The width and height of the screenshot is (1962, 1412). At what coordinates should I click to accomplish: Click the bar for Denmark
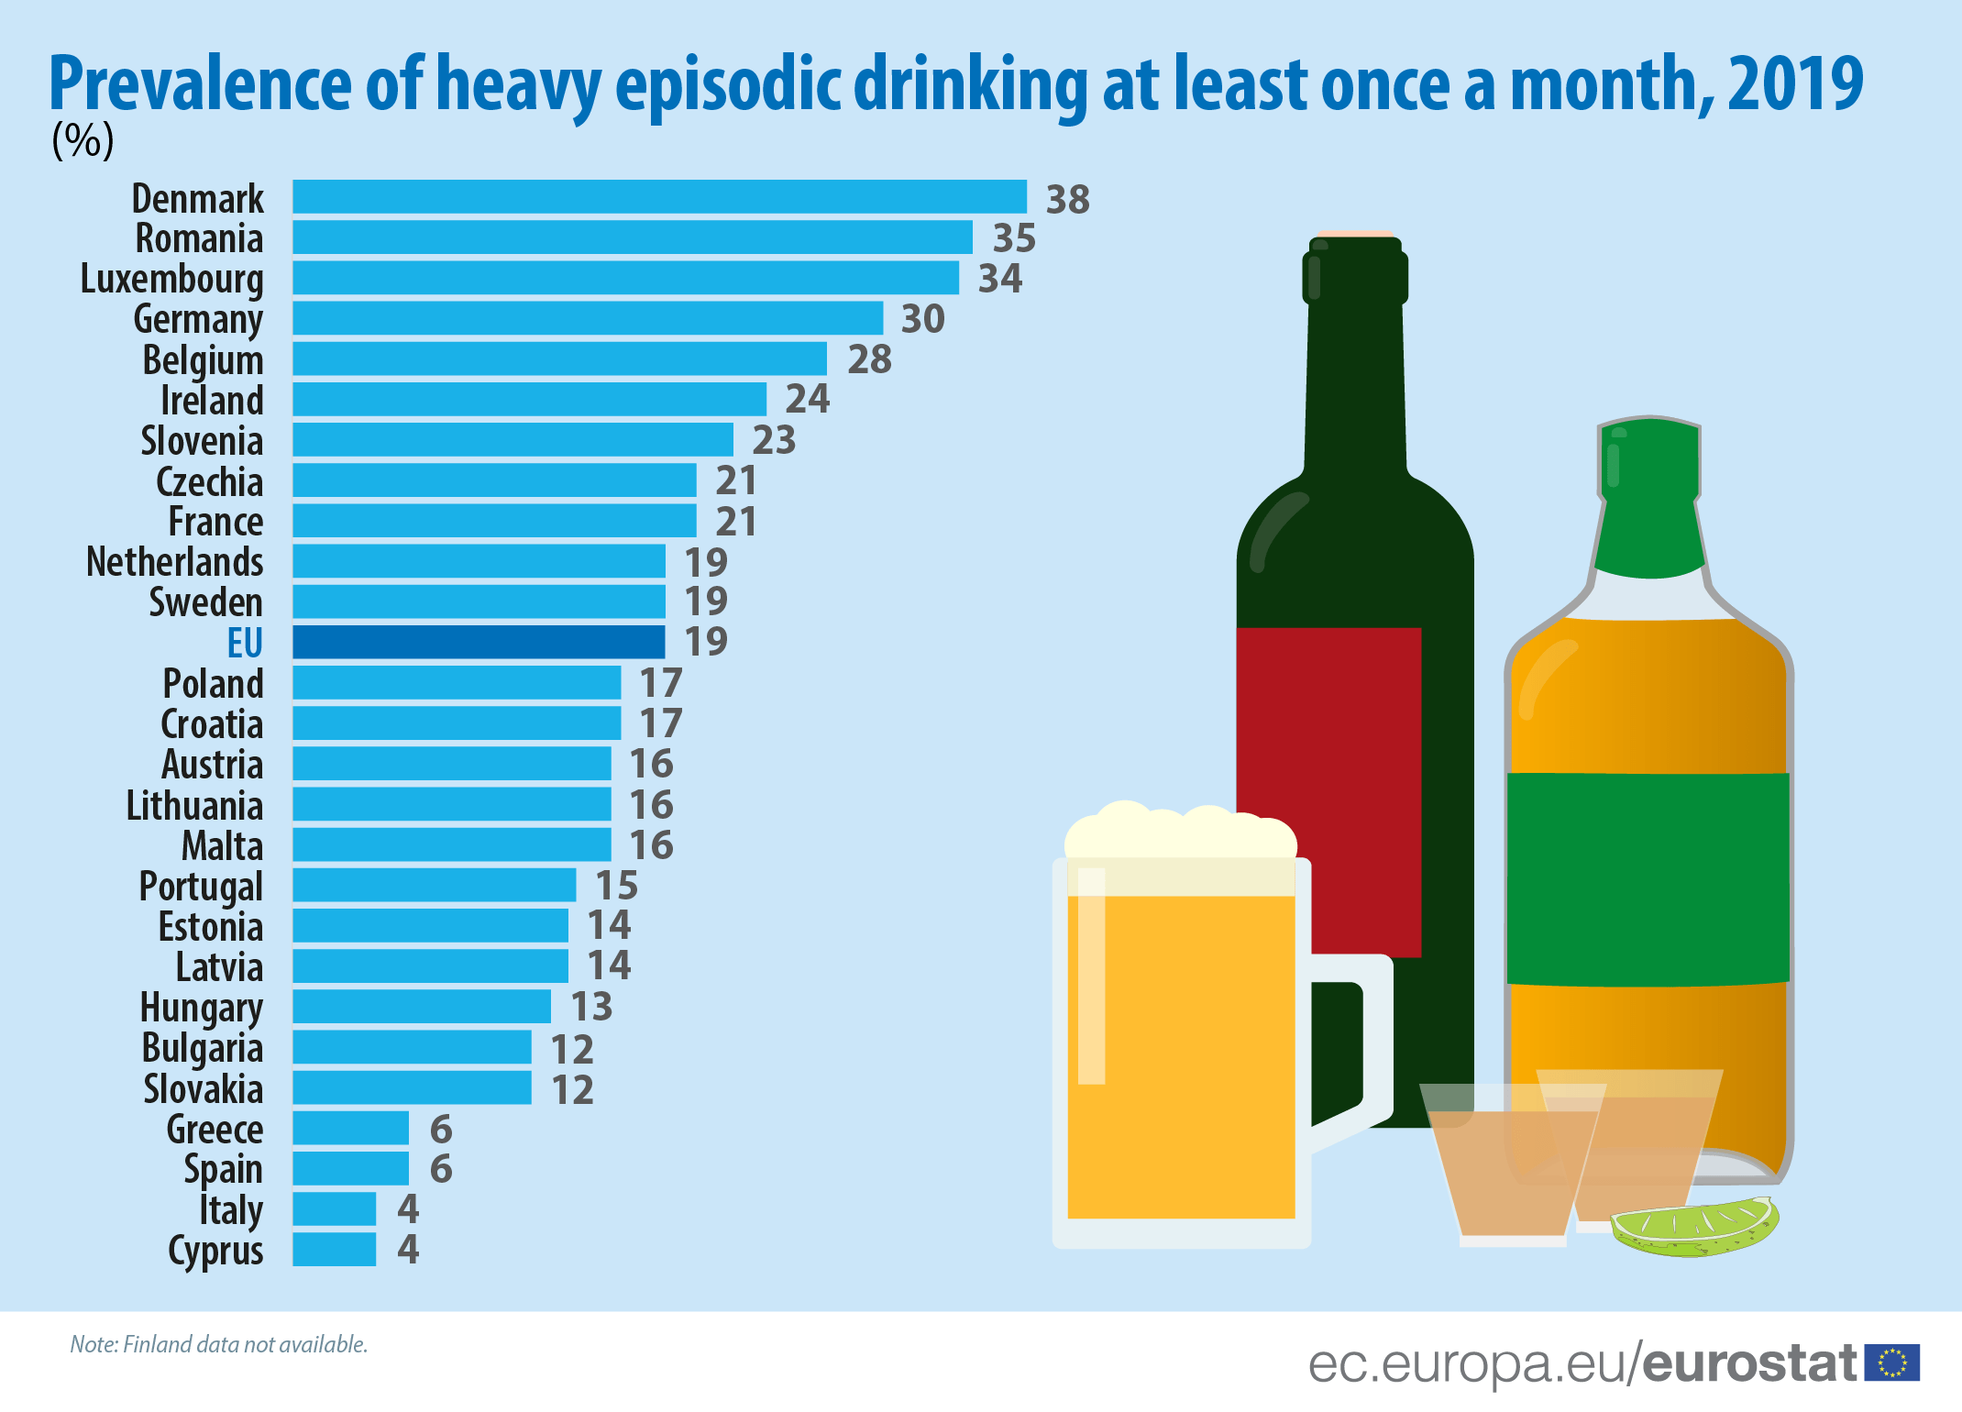659,197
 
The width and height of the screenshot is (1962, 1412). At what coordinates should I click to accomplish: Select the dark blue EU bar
479,642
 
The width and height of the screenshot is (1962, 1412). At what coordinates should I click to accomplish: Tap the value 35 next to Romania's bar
1014,238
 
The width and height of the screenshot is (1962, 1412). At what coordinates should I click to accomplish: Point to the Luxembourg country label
171,279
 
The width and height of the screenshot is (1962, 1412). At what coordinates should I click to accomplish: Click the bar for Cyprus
334,1250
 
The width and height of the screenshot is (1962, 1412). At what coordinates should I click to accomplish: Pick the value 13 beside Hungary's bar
591,1007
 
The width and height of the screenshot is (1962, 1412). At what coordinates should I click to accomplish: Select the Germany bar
587,318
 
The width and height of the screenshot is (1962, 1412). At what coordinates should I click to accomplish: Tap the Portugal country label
201,886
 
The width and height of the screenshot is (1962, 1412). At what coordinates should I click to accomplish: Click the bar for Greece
350,1128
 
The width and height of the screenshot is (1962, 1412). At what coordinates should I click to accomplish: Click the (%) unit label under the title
83,140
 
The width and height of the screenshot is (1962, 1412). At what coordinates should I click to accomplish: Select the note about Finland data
218,1344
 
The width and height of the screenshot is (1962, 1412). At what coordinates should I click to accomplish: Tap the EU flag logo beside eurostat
1892,1362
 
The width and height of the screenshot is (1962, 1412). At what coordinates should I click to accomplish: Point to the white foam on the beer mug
1180,833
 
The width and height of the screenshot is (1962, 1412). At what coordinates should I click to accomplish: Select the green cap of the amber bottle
1650,500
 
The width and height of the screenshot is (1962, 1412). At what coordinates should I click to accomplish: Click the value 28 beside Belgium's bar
869,359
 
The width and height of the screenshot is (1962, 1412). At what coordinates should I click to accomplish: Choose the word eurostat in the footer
1749,1363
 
